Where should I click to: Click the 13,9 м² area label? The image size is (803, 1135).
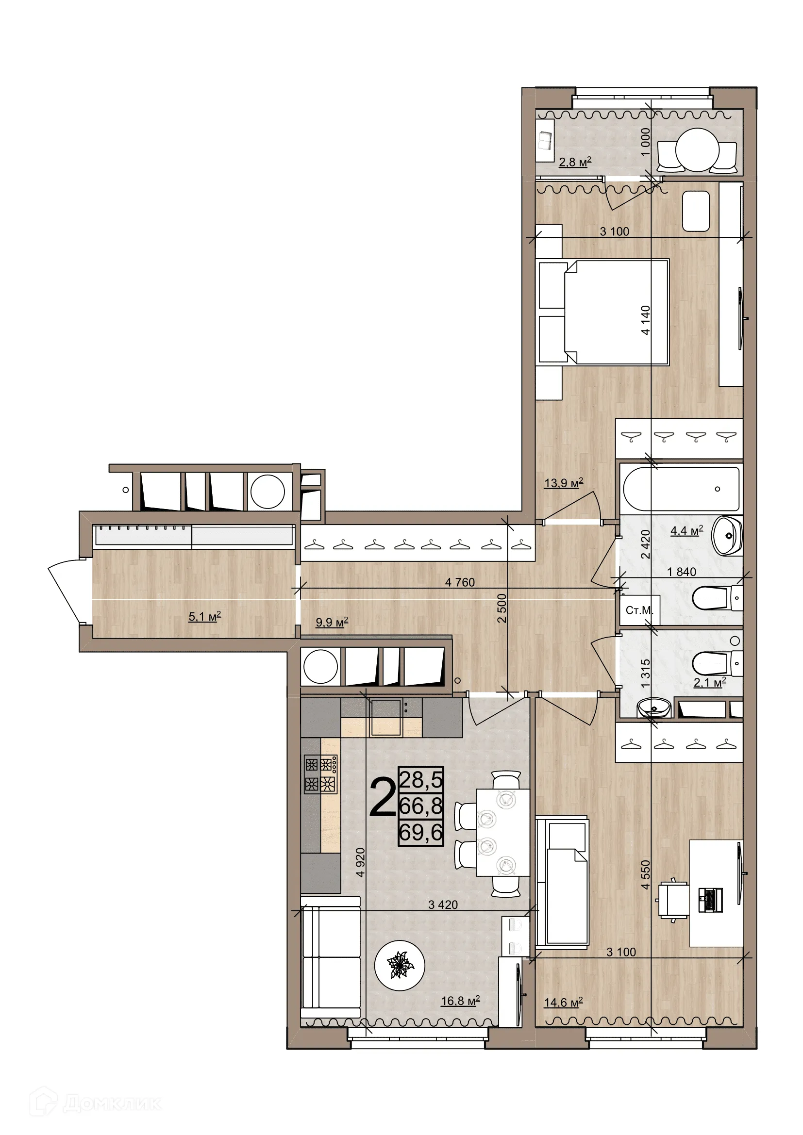pyautogui.click(x=563, y=483)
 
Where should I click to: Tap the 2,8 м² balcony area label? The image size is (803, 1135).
pyautogui.click(x=574, y=162)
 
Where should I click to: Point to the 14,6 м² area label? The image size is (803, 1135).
pyautogui.click(x=563, y=1003)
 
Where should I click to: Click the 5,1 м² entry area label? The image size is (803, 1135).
pyautogui.click(x=204, y=616)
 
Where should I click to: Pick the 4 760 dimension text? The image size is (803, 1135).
pyautogui.click(x=459, y=582)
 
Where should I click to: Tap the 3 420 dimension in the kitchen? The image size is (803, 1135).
pyautogui.click(x=443, y=905)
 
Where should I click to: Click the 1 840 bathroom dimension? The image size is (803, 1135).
pyautogui.click(x=681, y=572)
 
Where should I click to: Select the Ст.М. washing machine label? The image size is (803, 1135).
pyautogui.click(x=639, y=610)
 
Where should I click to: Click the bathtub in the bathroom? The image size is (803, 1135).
pyautogui.click(x=681, y=489)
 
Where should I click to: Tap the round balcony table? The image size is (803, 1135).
pyautogui.click(x=697, y=150)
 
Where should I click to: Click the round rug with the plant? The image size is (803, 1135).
pyautogui.click(x=400, y=965)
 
